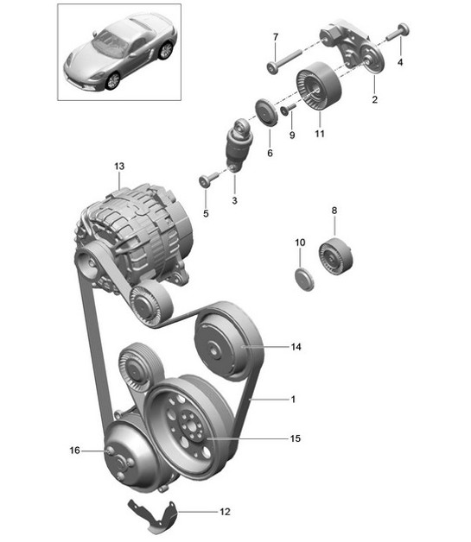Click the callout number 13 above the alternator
pos(118,165)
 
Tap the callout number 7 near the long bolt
pos(276,37)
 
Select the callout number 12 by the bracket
pos(225,512)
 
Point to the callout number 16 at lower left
pos(74,450)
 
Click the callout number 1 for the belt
pos(292,400)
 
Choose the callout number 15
pos(296,438)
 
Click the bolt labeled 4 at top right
pos(403,33)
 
